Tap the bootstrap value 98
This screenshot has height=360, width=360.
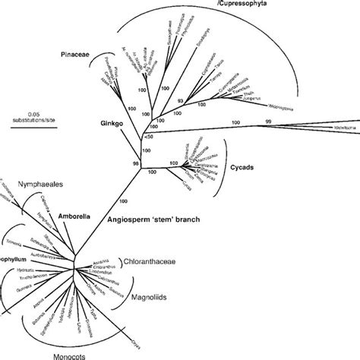point(137,164)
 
